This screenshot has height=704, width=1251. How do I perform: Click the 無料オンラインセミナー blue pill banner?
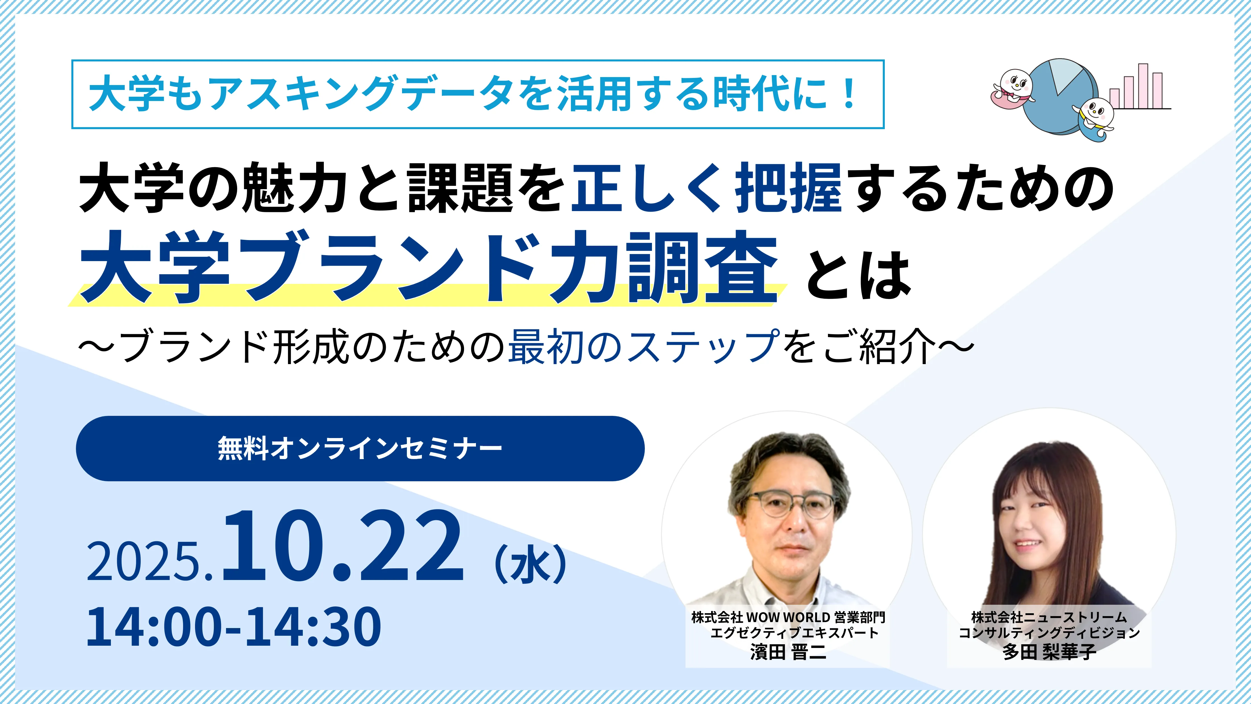click(x=360, y=449)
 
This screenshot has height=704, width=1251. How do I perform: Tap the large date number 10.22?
click(x=343, y=546)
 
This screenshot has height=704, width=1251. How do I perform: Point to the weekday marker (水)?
click(x=530, y=563)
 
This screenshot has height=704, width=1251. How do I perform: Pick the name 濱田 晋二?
click(x=788, y=652)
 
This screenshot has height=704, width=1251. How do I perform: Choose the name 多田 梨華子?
click(x=1049, y=652)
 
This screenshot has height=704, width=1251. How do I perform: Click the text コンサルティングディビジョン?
click(x=1049, y=633)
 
